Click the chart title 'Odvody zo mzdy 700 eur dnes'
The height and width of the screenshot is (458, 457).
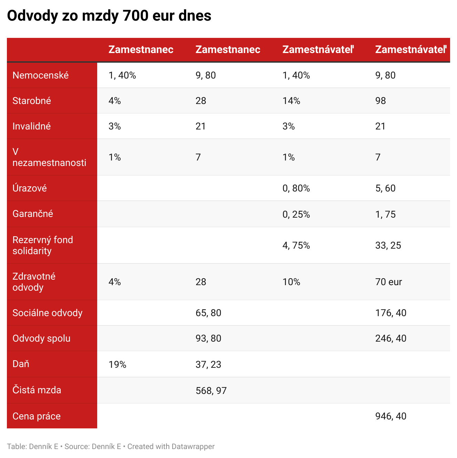tap(109, 16)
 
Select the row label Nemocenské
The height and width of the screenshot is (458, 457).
tap(41, 75)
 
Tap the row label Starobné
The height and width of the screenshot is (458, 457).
tap(32, 101)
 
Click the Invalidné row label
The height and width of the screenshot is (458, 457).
tap(32, 126)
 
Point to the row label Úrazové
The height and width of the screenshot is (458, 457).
tap(30, 188)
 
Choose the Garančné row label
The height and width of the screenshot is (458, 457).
tap(33, 214)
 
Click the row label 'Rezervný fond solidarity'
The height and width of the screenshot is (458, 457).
tap(43, 245)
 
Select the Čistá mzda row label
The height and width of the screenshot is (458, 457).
tap(37, 390)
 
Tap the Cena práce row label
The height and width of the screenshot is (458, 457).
tap(37, 416)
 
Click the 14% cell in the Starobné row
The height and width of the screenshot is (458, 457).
tap(291, 101)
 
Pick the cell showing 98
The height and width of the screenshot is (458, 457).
tap(380, 101)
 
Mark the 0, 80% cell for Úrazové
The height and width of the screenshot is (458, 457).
tap(296, 188)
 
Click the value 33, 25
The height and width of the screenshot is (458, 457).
tap(388, 246)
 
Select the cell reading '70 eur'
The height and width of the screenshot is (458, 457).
tap(388, 282)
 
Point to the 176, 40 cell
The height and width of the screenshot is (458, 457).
tap(390, 313)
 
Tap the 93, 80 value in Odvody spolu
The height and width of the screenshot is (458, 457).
tap(208, 339)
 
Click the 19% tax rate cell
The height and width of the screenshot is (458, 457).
tap(117, 365)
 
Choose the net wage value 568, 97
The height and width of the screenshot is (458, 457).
tap(211, 391)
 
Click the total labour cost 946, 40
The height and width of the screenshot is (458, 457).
tap(390, 416)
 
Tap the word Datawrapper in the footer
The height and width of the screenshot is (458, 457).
tap(193, 447)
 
